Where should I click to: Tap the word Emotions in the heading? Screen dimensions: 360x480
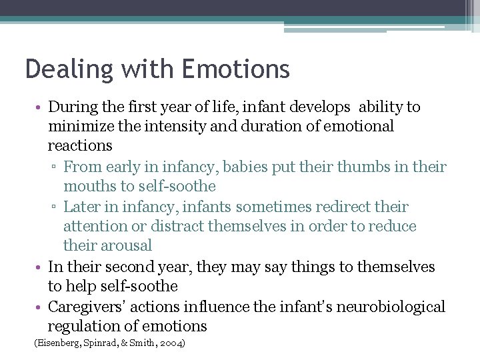click(x=235, y=69)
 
